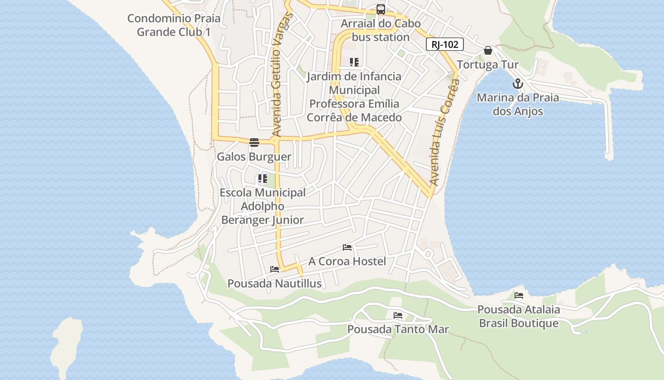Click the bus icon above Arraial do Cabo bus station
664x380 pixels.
[380, 9]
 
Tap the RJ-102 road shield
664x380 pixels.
[444, 45]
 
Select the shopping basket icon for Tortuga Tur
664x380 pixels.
[488, 50]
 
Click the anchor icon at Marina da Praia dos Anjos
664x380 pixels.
[517, 84]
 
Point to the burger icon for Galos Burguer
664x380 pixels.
[254, 142]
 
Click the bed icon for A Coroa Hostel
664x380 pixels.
[347, 247]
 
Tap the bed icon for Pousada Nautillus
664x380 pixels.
[275, 269]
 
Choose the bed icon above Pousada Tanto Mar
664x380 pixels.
[397, 315]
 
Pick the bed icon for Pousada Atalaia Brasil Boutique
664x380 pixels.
[518, 295]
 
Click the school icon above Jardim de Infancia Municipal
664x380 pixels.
[354, 62]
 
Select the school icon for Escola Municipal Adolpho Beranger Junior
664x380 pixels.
[262, 179]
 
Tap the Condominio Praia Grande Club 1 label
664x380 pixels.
[174, 25]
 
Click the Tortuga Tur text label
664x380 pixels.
[488, 65]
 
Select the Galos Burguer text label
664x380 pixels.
[254, 157]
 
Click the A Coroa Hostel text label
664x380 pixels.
[347, 261]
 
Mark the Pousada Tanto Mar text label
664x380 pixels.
[398, 329]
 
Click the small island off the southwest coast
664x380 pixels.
[66, 344]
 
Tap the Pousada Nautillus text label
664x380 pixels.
[275, 284]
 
